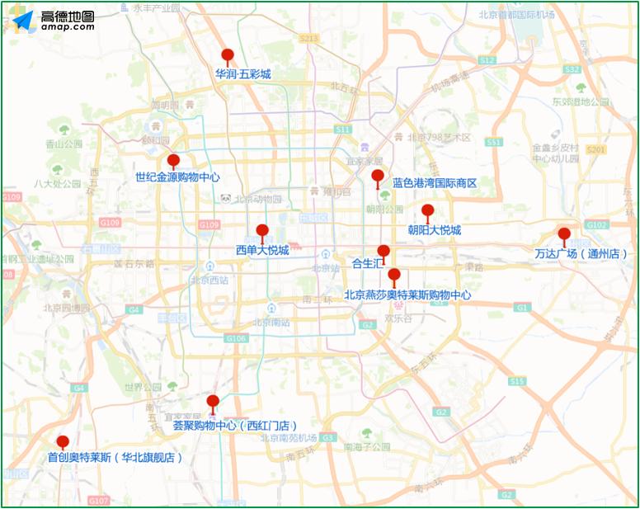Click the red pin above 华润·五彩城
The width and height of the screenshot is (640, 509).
point(228,56)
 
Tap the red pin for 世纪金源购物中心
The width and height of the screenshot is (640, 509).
point(173,160)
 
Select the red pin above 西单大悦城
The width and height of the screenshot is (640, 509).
point(262,231)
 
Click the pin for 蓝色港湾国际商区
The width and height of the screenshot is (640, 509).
point(378,176)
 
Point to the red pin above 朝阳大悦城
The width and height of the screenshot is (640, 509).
point(427,211)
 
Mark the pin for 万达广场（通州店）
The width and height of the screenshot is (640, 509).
point(564,234)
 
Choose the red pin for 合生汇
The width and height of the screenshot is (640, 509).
point(384,251)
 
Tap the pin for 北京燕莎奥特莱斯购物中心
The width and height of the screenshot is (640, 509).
point(394,275)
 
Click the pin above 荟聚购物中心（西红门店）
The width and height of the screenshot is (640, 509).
point(213,402)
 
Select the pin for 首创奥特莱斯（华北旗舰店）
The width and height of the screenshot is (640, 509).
point(63,442)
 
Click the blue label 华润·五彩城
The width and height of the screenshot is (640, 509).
point(243,74)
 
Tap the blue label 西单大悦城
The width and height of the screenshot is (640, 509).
point(262,250)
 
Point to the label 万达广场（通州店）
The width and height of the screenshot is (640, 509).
point(581,254)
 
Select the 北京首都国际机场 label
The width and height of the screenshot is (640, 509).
point(516,16)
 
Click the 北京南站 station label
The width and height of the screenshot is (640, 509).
point(271,323)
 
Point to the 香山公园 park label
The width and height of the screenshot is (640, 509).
point(64,144)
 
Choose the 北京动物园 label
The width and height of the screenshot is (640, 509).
point(257,199)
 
